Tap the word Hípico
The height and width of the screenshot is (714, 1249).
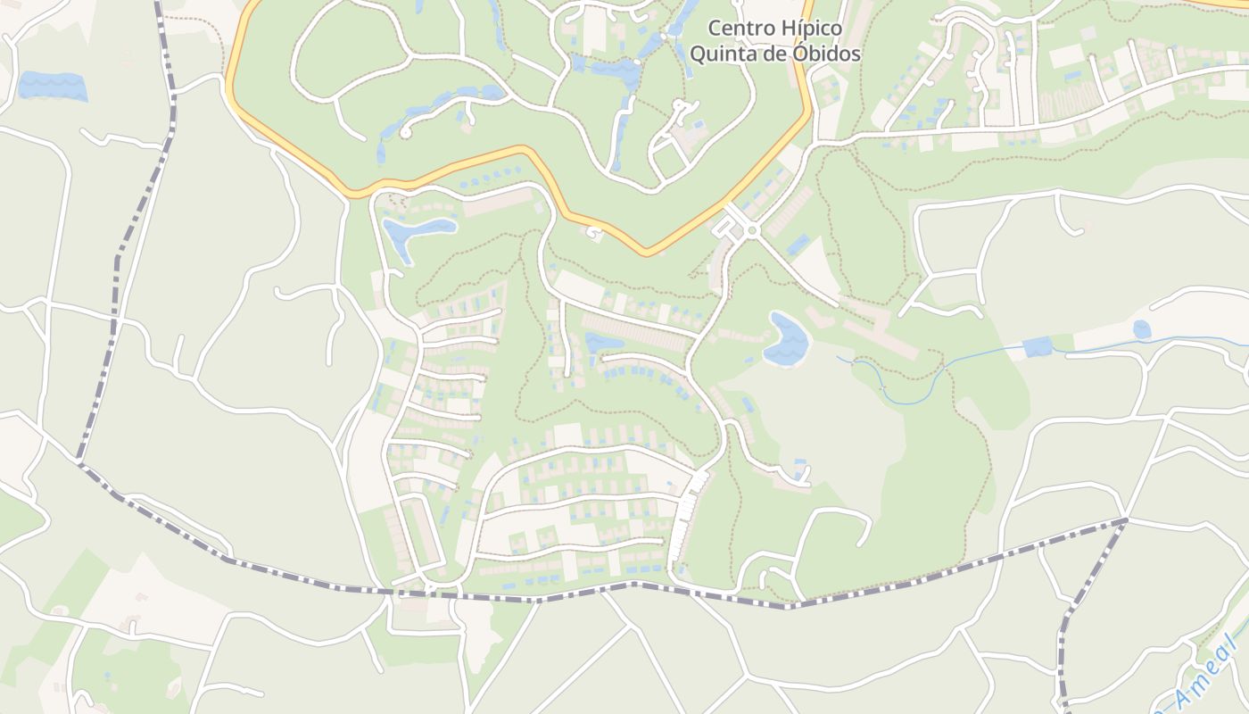(810, 28)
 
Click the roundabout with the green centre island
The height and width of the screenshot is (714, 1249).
(752, 231)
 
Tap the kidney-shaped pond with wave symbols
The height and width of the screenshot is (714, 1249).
(787, 340)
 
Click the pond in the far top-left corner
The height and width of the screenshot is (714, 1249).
(52, 86)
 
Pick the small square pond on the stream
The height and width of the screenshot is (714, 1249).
(1038, 347)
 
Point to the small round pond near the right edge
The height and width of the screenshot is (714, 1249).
(1142, 329)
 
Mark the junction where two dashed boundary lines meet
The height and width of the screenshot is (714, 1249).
(1126, 519)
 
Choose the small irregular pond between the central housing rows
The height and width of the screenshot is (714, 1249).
(603, 342)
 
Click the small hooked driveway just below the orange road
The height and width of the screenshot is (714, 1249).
(593, 234)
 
